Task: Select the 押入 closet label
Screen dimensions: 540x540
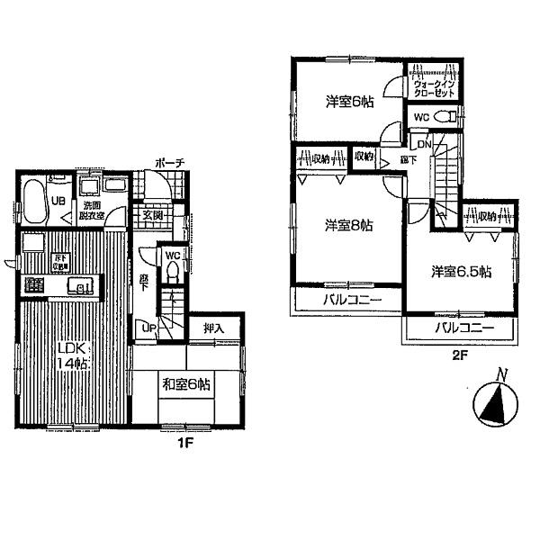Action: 213,329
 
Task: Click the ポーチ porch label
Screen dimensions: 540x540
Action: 169,162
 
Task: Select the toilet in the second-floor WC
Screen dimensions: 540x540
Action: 442,116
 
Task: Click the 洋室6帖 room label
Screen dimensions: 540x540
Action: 349,102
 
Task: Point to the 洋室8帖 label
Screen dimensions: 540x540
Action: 348,226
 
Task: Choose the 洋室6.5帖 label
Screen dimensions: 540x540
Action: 460,270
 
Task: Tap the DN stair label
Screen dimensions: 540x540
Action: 424,145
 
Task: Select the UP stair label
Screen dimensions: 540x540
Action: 149,328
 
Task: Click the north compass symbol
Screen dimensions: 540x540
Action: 492,402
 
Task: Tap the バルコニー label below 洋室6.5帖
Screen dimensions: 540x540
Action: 463,329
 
